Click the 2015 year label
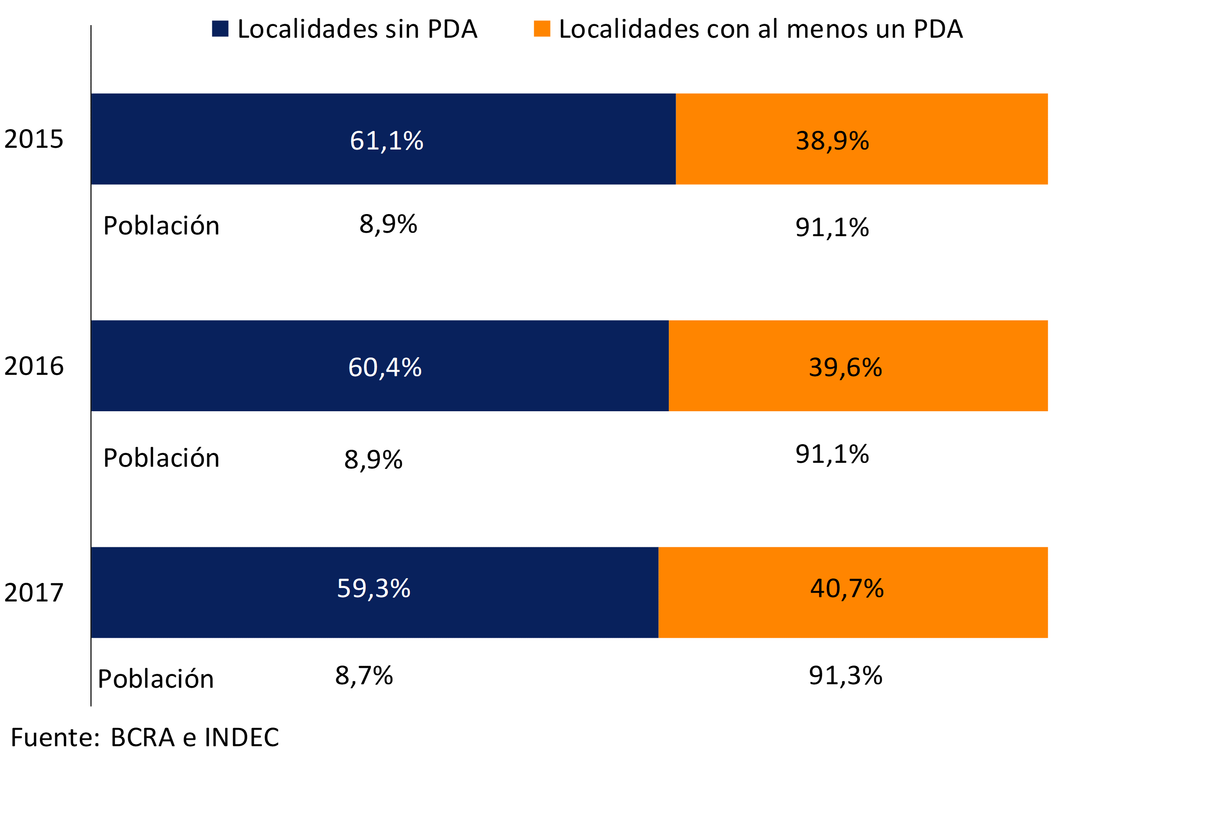[x=34, y=139]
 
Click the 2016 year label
[x=34, y=366]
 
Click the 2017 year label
[x=34, y=592]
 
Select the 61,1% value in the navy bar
[x=386, y=140]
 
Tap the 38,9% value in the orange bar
[x=832, y=140]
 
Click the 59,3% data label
[x=373, y=588]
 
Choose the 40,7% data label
[x=847, y=588]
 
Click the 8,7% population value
[x=364, y=676]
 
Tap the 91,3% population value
[x=845, y=676]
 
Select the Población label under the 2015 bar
[x=161, y=226]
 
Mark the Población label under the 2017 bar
[x=156, y=679]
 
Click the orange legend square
[x=542, y=29]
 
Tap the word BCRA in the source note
[x=143, y=738]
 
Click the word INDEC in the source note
[x=242, y=738]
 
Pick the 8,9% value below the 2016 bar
[x=373, y=460]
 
